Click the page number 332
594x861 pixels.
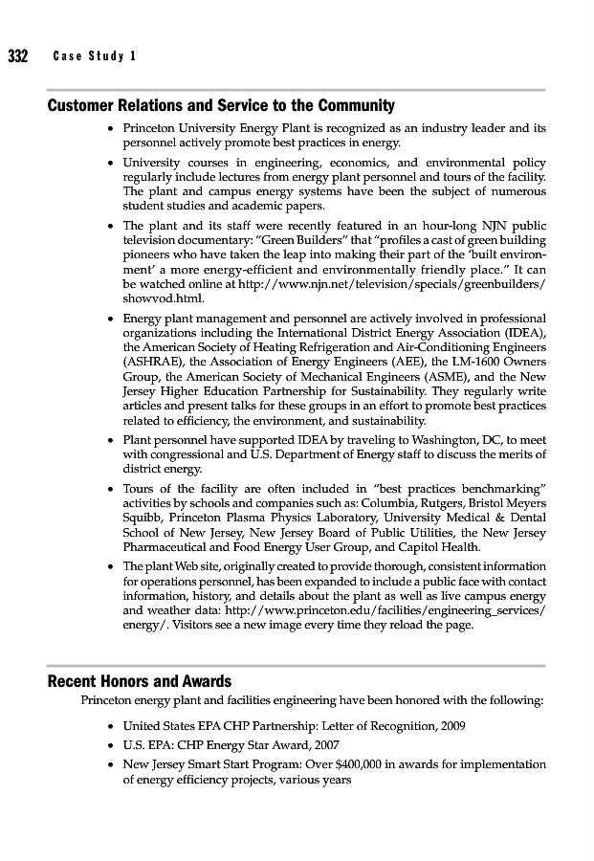18,55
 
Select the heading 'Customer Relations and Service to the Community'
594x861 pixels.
221,105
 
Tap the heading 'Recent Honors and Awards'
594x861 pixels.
140,681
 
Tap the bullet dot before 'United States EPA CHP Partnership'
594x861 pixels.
112,727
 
